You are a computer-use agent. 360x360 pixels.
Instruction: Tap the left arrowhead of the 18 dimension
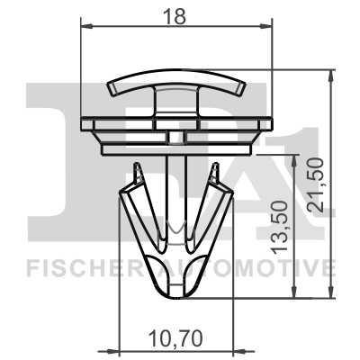(86, 27)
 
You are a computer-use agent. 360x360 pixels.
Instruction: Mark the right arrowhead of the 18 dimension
(267, 27)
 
